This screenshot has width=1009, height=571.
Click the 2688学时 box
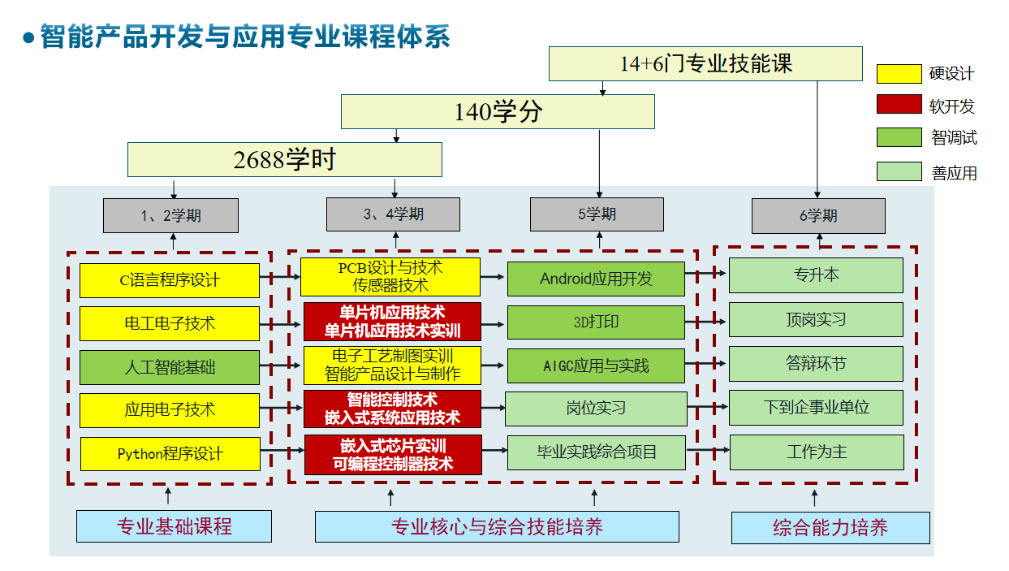(x=284, y=159)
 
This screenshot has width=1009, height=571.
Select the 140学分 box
(x=498, y=111)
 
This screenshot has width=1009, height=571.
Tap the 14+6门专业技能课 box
(x=705, y=63)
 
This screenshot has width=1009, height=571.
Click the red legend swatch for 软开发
(x=899, y=105)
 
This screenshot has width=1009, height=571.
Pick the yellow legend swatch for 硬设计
(x=899, y=74)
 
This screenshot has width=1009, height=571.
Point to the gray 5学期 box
(x=597, y=214)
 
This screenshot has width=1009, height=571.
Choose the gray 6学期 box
(x=818, y=215)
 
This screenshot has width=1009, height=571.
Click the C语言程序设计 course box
(x=170, y=280)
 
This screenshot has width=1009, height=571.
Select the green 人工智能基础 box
(x=170, y=367)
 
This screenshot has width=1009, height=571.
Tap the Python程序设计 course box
(x=170, y=453)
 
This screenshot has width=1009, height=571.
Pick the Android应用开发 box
(x=596, y=278)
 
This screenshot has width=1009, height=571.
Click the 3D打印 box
(x=596, y=322)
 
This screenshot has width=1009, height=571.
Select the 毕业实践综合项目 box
(x=596, y=452)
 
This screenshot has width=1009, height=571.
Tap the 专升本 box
(x=816, y=275)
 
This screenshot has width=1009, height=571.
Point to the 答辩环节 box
(x=816, y=363)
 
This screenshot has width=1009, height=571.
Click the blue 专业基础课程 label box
(x=174, y=526)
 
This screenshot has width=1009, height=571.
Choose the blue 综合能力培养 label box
(x=830, y=528)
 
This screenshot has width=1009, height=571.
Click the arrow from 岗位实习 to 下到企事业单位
(x=707, y=407)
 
